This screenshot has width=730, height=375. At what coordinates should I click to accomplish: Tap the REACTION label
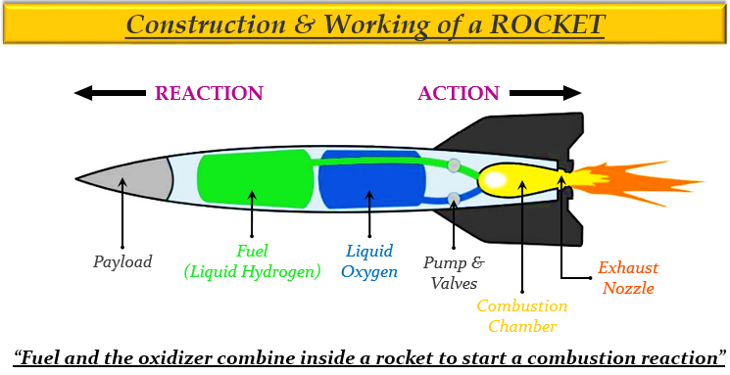pyautogui.click(x=209, y=94)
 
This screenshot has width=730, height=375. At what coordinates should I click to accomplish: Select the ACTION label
pyautogui.click(x=459, y=94)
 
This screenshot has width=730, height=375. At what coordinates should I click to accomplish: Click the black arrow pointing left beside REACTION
pyautogui.click(x=110, y=94)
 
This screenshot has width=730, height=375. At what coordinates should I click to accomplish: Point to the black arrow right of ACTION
pyautogui.click(x=545, y=94)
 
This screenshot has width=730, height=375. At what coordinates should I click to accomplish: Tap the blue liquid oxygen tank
pyautogui.click(x=370, y=179)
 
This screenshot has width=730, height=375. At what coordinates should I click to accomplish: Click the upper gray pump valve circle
pyautogui.click(x=454, y=164)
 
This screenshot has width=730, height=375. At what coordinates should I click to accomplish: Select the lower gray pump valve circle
pyautogui.click(x=454, y=200)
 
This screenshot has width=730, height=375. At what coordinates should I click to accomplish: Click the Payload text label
pyautogui.click(x=122, y=262)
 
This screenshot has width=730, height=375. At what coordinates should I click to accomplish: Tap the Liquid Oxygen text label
pyautogui.click(x=369, y=261)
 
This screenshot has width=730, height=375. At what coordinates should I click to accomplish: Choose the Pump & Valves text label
pyautogui.click(x=453, y=273)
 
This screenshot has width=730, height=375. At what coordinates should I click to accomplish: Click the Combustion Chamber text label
pyautogui.click(x=521, y=316)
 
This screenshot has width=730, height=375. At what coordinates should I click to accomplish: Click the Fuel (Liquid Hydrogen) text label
pyautogui.click(x=253, y=261)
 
